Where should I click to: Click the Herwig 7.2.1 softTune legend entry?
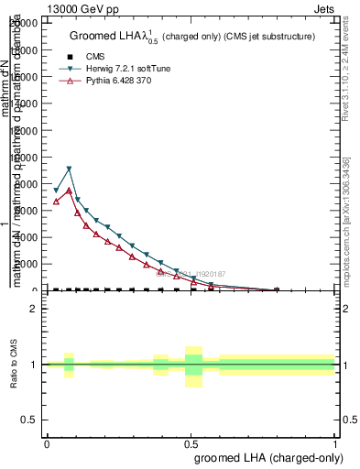pyautogui.click(x=114, y=69)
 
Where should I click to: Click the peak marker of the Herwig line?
pyautogui.click(x=69, y=169)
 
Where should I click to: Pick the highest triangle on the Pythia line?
pyautogui.click(x=69, y=191)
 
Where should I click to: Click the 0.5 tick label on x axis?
pyautogui.click(x=191, y=442)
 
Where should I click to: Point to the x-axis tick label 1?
pyautogui.click(x=335, y=442)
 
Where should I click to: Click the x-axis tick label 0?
pyautogui.click(x=47, y=442)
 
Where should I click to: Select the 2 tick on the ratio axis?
pyautogui.click(x=34, y=309)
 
